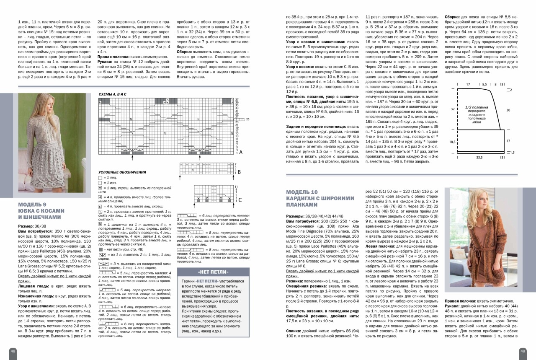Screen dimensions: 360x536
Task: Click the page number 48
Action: tap(13, 351)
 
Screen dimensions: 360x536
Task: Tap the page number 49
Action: tap(523, 351)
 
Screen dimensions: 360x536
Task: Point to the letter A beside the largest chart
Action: tap(241, 153)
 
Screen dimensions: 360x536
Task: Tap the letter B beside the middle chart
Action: tap(239, 172)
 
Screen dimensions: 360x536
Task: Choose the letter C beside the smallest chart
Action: tap(240, 200)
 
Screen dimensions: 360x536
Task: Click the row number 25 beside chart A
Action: tap(248, 119)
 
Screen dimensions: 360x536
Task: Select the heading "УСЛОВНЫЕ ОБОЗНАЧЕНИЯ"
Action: tap(122, 172)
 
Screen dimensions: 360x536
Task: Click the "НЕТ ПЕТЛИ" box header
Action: tap(213, 272)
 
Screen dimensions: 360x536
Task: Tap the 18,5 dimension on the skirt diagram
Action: tap(452, 142)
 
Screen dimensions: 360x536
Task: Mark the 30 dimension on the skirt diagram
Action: tap(508, 110)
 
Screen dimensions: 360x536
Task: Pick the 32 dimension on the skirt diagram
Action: tap(453, 109)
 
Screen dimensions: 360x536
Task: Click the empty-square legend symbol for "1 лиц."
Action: tap(100, 178)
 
